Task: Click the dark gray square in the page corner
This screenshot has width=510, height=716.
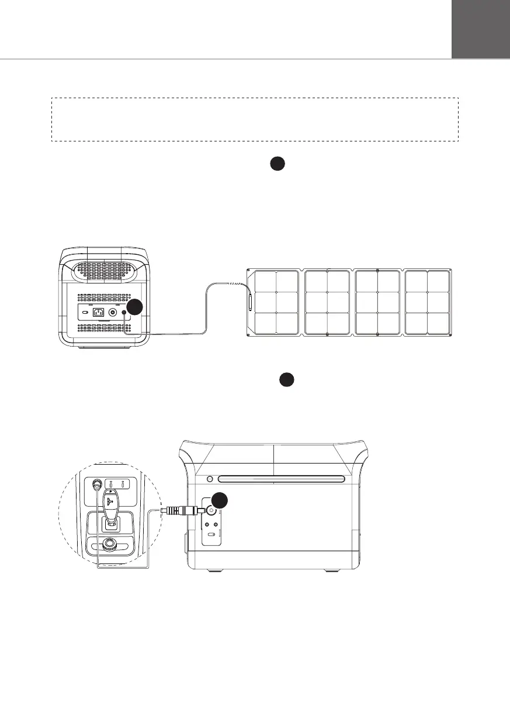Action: coord(481,29)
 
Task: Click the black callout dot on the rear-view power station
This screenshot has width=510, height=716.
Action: coord(135,307)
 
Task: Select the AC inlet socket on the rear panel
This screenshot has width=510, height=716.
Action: coord(99,313)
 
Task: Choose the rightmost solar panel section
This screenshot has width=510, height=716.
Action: coord(428,303)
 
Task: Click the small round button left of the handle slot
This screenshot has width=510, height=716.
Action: coord(210,480)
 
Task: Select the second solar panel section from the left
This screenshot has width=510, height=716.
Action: coord(327,303)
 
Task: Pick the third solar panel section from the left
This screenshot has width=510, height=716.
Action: coord(377,303)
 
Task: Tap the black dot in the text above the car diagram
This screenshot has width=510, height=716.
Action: coord(286,379)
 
